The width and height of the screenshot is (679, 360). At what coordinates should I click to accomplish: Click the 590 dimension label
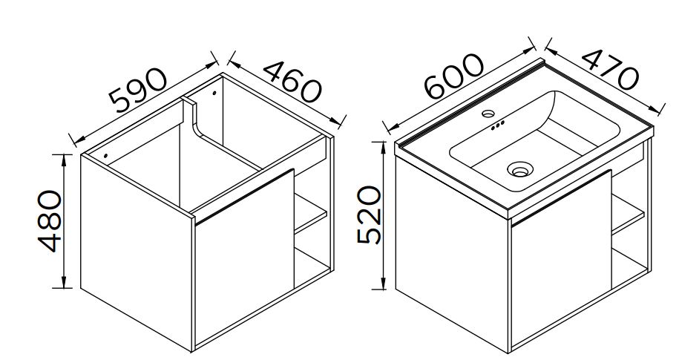138,90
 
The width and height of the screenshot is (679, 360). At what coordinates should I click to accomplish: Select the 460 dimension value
292,82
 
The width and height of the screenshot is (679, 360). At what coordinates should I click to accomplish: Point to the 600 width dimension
453,76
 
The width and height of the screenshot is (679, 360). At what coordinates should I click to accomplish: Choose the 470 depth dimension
610,69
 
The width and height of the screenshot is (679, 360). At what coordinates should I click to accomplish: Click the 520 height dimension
370,215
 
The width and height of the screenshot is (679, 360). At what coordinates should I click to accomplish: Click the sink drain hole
520,169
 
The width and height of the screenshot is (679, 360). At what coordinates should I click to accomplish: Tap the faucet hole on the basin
488,114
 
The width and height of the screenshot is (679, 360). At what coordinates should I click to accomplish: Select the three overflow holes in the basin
497,125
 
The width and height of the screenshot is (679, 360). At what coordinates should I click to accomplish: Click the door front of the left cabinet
245,260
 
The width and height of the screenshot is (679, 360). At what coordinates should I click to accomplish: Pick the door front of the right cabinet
561,260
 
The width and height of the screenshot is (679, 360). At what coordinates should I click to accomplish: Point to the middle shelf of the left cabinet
310,214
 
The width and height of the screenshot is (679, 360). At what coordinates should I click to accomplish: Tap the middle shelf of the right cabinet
628,214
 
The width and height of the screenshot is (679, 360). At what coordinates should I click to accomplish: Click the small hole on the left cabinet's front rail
105,155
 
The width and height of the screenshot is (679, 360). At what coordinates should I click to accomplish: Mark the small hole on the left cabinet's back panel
214,93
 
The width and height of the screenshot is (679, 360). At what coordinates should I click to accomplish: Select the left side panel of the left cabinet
137,252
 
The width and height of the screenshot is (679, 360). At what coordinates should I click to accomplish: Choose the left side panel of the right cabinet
452,255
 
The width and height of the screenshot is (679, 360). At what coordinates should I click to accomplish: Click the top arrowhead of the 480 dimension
64,160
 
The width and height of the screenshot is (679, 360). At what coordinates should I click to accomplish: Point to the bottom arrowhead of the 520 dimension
383,284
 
